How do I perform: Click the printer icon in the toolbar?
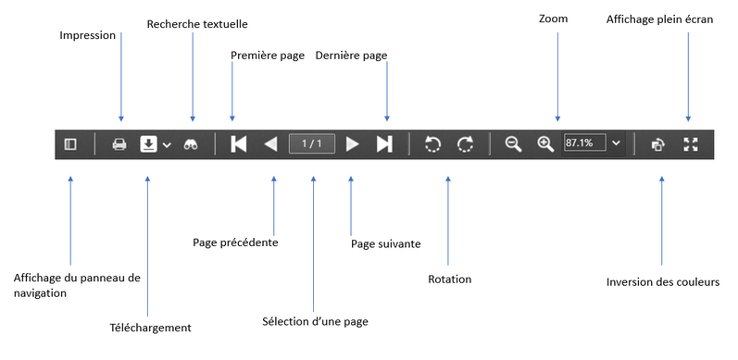(x=119, y=144)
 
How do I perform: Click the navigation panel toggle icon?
(x=70, y=144)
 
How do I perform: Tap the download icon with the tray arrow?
(x=148, y=144)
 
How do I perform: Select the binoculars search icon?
(x=192, y=144)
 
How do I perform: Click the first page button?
(x=238, y=144)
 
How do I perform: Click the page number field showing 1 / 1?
(x=312, y=144)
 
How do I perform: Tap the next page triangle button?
(x=352, y=144)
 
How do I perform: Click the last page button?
(x=385, y=144)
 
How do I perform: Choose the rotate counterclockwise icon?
(x=432, y=144)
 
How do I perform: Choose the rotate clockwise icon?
(x=466, y=144)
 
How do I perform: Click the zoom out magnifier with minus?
(x=513, y=144)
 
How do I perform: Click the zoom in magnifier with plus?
(x=545, y=144)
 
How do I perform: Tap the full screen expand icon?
(x=690, y=144)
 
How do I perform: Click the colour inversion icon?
(x=657, y=144)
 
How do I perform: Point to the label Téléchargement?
(x=150, y=328)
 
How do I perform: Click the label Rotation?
(x=450, y=279)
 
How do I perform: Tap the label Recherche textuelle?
(x=197, y=23)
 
